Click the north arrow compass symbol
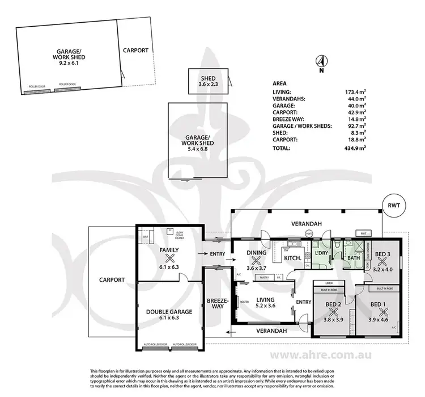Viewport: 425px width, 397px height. pos(321,62)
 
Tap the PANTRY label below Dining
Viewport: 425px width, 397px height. pos(263,277)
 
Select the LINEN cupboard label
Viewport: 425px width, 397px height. pos(329,282)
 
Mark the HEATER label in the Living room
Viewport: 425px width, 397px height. pos(245,302)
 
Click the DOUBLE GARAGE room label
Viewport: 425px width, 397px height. pos(169,311)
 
